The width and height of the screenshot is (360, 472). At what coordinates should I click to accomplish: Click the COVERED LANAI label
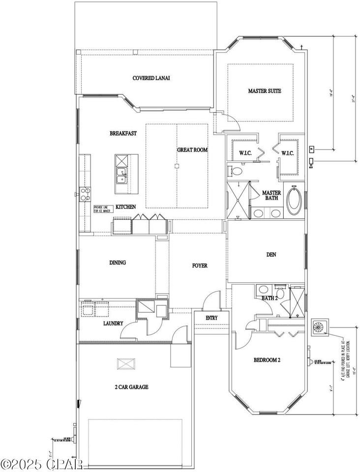148,78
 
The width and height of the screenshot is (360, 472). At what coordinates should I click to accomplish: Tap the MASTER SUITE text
265,91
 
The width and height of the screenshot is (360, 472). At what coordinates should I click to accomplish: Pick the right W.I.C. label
287,153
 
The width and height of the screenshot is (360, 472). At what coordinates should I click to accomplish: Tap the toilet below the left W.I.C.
237,172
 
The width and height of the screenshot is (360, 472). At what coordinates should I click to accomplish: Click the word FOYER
200,265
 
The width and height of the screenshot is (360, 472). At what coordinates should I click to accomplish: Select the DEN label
270,255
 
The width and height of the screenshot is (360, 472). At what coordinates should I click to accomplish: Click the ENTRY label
211,318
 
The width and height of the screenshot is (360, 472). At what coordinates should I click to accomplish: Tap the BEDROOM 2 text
267,360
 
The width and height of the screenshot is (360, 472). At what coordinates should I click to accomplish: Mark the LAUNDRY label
113,324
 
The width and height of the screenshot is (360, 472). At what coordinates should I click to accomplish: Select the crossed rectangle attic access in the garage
125,364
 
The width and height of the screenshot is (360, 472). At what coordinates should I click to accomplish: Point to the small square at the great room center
177,166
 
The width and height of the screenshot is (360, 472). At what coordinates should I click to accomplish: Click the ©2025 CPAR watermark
42,464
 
